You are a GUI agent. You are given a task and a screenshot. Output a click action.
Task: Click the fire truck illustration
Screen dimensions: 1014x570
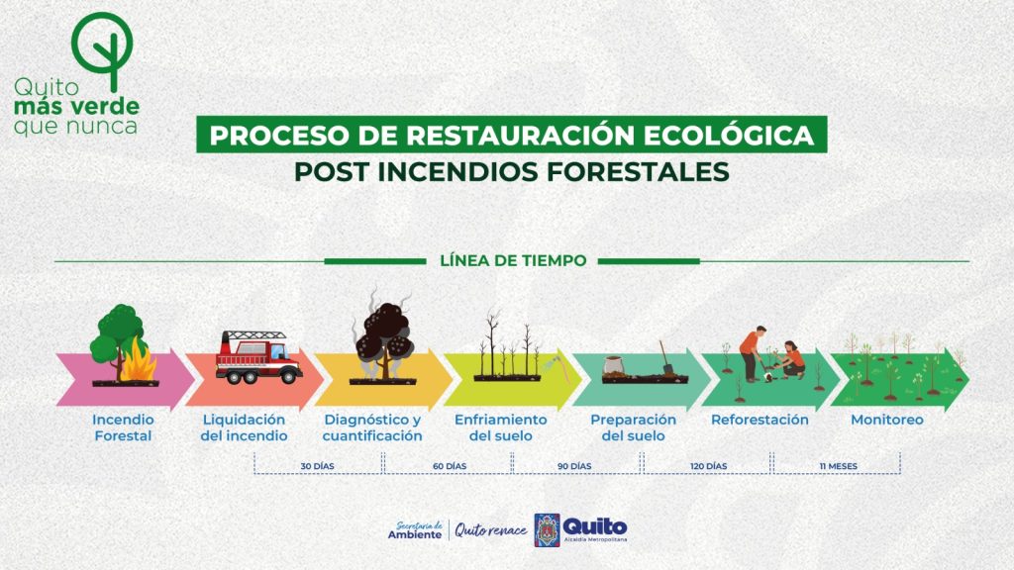[258, 357]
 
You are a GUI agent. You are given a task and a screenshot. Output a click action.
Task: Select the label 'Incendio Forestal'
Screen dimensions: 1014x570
[123, 427]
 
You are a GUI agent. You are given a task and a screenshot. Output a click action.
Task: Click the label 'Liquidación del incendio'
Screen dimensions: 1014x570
[244, 427]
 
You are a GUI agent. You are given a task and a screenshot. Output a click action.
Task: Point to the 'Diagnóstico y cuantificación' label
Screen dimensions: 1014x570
[372, 427]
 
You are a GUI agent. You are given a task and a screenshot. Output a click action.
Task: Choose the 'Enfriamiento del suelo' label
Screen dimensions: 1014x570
[500, 427]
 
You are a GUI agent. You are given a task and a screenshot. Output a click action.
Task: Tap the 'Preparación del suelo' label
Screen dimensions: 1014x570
[633, 427]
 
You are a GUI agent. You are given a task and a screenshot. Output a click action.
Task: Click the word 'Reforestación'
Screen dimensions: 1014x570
[760, 420]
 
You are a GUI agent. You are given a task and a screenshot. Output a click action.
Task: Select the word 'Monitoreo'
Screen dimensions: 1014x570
[887, 420]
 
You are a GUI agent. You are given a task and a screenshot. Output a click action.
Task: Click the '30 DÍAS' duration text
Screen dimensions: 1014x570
[318, 466]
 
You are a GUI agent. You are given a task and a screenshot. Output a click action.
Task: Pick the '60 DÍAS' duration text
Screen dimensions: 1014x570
[450, 466]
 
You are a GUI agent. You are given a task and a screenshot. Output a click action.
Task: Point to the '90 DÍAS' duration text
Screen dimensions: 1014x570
[575, 466]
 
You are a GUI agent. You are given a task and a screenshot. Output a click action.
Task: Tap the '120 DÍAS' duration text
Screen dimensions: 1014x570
[709, 466]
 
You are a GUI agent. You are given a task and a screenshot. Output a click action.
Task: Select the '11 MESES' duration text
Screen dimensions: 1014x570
[838, 466]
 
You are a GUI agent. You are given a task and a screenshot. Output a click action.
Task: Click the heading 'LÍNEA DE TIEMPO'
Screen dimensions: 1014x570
[514, 260]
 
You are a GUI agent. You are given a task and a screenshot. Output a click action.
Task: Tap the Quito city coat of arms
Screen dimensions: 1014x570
[547, 530]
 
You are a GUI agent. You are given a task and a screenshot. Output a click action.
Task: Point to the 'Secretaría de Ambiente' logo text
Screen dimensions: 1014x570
[415, 530]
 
